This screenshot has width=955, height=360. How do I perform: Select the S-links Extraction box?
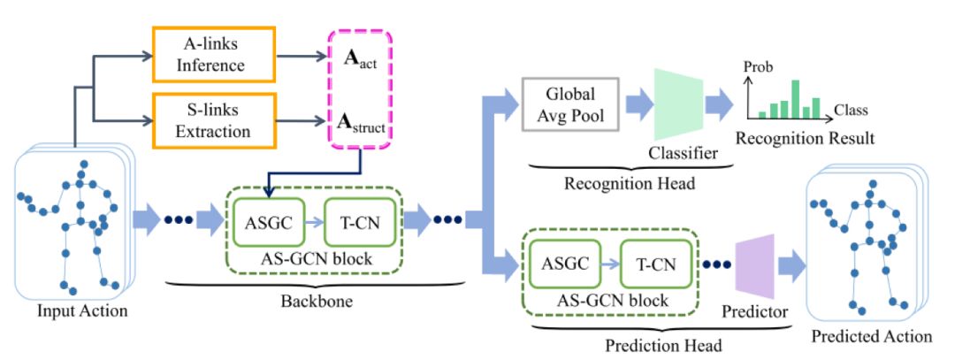(x=215, y=119)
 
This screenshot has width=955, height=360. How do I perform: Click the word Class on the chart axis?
(x=852, y=111)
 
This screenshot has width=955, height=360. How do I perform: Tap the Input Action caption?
(x=81, y=310)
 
